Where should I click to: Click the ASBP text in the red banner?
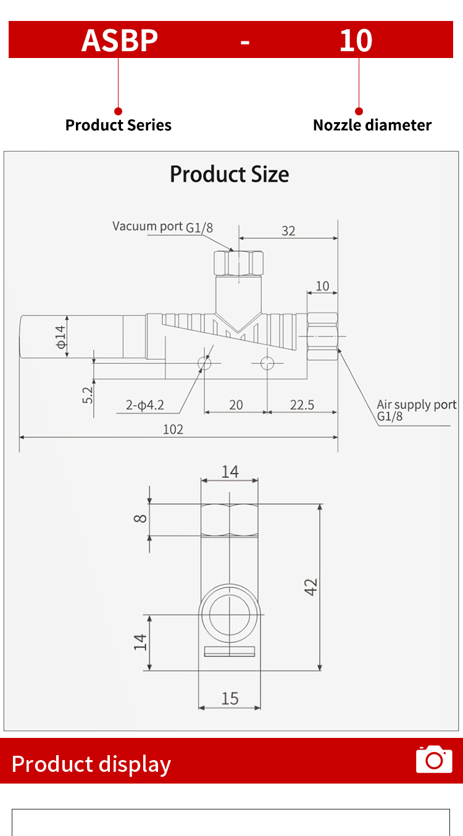pyautogui.click(x=120, y=40)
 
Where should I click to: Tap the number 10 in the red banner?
pyautogui.click(x=356, y=40)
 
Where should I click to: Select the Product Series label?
pyautogui.click(x=119, y=125)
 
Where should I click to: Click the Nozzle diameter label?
pyautogui.click(x=372, y=125)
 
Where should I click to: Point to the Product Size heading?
pyautogui.click(x=230, y=174)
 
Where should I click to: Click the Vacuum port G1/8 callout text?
pyautogui.click(x=162, y=226)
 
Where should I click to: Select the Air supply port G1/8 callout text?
pyautogui.click(x=416, y=410)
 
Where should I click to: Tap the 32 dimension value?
pyautogui.click(x=288, y=231)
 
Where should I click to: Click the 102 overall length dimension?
pyautogui.click(x=173, y=429)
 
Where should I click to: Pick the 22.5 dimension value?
pyautogui.click(x=302, y=405)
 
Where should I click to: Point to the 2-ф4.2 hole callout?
pyautogui.click(x=144, y=405)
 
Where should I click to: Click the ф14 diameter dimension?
pyautogui.click(x=60, y=336)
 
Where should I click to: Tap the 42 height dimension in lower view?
pyautogui.click(x=311, y=587)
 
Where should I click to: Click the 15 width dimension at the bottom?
pyautogui.click(x=230, y=698)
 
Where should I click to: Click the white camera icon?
pyautogui.click(x=434, y=760)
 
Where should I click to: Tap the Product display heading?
pyautogui.click(x=91, y=764)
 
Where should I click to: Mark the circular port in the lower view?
pyautogui.click(x=230, y=615)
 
